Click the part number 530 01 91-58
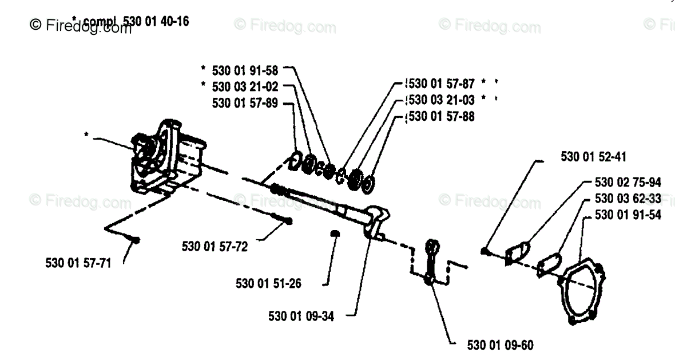[x=244, y=70]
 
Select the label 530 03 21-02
[x=244, y=86]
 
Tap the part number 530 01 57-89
[x=245, y=103]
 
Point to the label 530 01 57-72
[x=215, y=247]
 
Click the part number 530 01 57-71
[x=78, y=263]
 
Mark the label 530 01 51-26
[x=268, y=283]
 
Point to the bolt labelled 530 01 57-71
[x=136, y=240]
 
